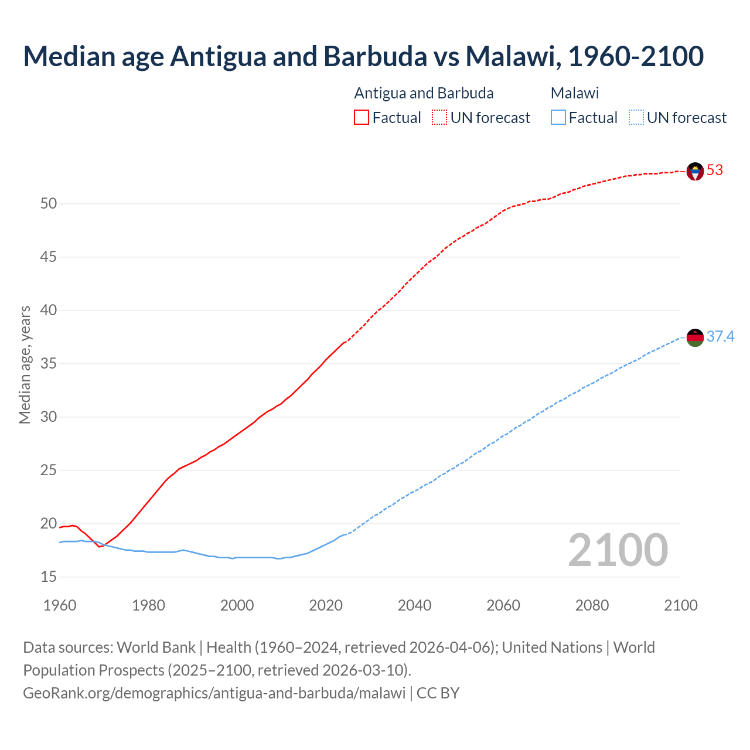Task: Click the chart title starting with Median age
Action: pyautogui.click(x=363, y=56)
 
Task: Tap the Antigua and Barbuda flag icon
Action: pyautogui.click(x=695, y=171)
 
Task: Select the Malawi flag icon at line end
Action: pyautogui.click(x=695, y=337)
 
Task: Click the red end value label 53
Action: pyautogui.click(x=715, y=171)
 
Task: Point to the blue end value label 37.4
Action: pyautogui.click(x=720, y=337)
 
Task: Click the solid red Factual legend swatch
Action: pyautogui.click(x=362, y=118)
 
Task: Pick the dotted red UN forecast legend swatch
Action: pyautogui.click(x=439, y=118)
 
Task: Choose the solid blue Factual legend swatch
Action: pyautogui.click(x=558, y=118)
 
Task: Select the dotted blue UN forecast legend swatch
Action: pyautogui.click(x=636, y=118)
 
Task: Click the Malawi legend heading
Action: pyautogui.click(x=575, y=93)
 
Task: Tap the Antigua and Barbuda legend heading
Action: pyautogui.click(x=424, y=93)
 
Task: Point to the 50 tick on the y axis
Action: pyautogui.click(x=49, y=204)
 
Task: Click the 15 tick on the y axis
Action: pyautogui.click(x=49, y=577)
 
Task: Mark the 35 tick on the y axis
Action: pyautogui.click(x=49, y=364)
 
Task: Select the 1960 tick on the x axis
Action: pyautogui.click(x=60, y=605)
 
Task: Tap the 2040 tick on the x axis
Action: pyautogui.click(x=414, y=605)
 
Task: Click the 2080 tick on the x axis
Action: pyautogui.click(x=592, y=605)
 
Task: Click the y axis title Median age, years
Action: pyautogui.click(x=25, y=364)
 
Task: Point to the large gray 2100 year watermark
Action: pyautogui.click(x=618, y=550)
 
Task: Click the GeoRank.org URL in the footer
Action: pyautogui.click(x=214, y=693)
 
